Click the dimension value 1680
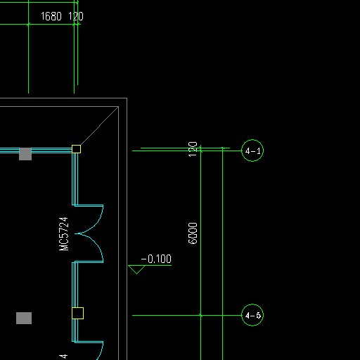coord(51,16)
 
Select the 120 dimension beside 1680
coord(76,16)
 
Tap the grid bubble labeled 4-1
coord(252,150)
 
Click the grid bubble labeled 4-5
coord(252,315)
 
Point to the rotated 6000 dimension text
coord(193,233)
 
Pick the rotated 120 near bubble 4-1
coord(193,149)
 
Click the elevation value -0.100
coord(156,259)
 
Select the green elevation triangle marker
coord(136,269)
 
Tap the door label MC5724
coord(64,234)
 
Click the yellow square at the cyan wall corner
coord(76,149)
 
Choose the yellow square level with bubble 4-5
coord(77,313)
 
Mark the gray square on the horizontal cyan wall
coord(25,154)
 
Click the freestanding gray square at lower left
coord(24,318)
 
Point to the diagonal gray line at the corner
coord(99,126)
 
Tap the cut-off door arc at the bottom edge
coord(101,352)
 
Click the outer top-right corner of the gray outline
coord(127,98)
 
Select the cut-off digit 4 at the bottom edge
coord(63,356)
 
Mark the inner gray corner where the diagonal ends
coord(118,107)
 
